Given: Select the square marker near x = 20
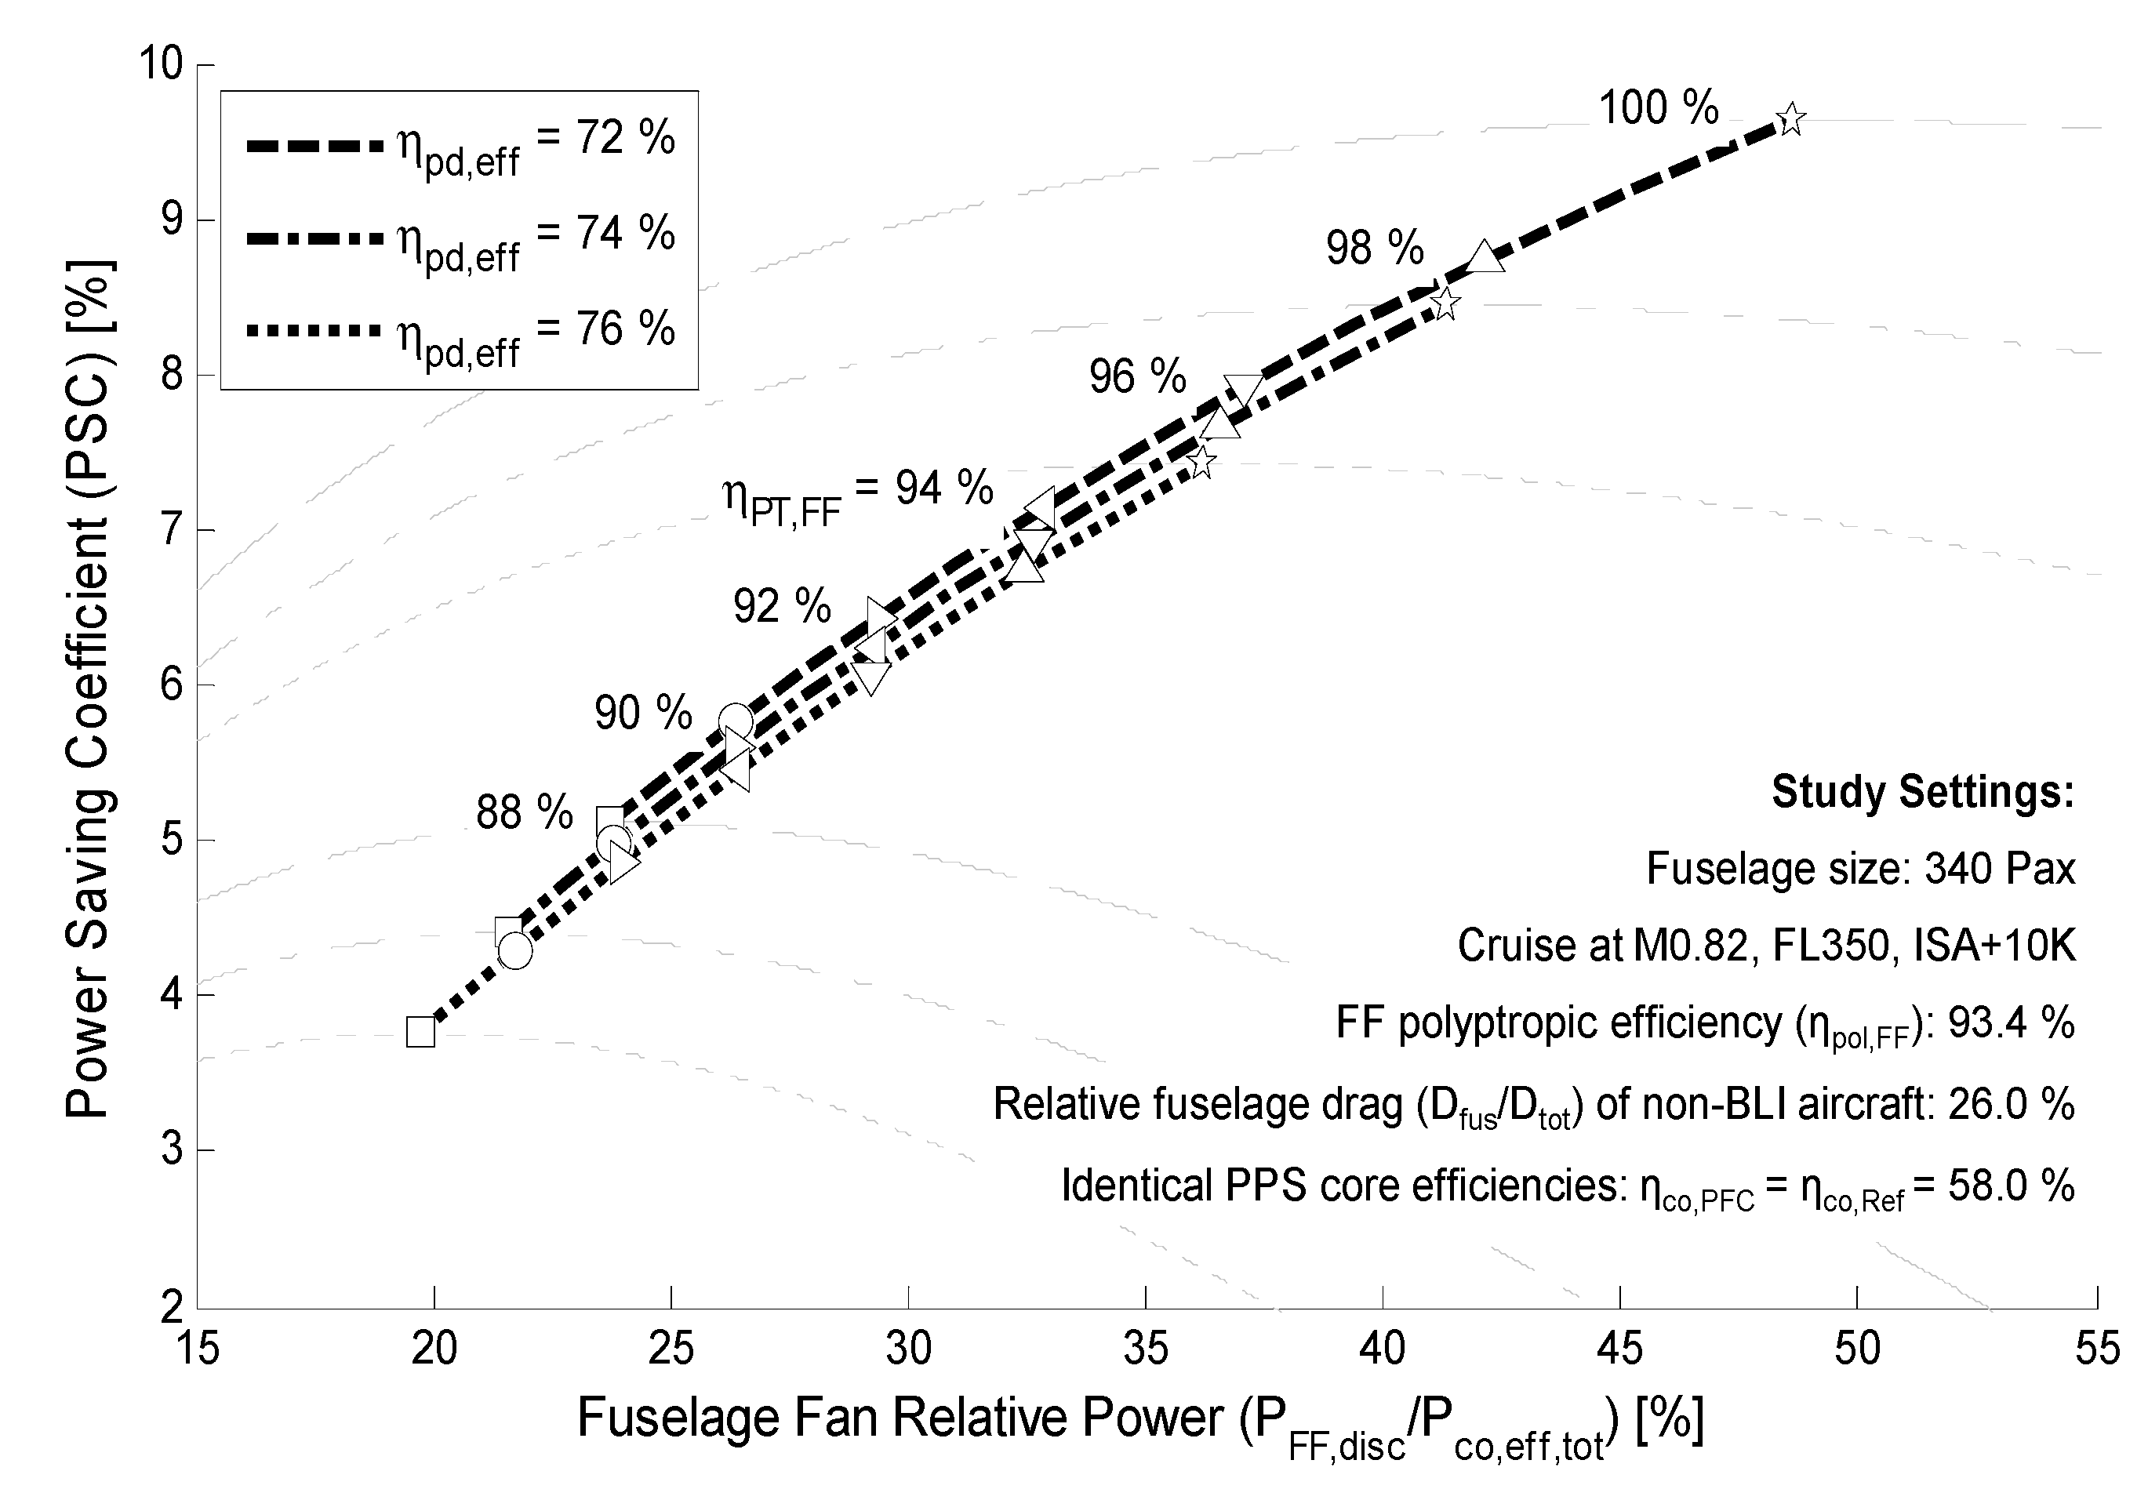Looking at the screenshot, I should (x=421, y=1033).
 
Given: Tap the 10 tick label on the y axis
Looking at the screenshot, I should (x=160, y=64).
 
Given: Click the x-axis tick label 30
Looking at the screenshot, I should (x=908, y=1349).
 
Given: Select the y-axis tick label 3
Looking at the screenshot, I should (x=171, y=1150).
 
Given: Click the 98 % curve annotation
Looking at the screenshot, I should (x=1374, y=249).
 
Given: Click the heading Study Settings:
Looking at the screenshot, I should (x=1923, y=792).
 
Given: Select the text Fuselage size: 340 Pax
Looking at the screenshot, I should (x=1860, y=869).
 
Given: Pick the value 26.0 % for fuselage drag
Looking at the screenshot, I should (x=2011, y=1105).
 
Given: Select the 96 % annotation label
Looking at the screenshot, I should (x=1136, y=377).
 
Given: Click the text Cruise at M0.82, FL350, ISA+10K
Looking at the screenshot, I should (x=1765, y=946).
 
